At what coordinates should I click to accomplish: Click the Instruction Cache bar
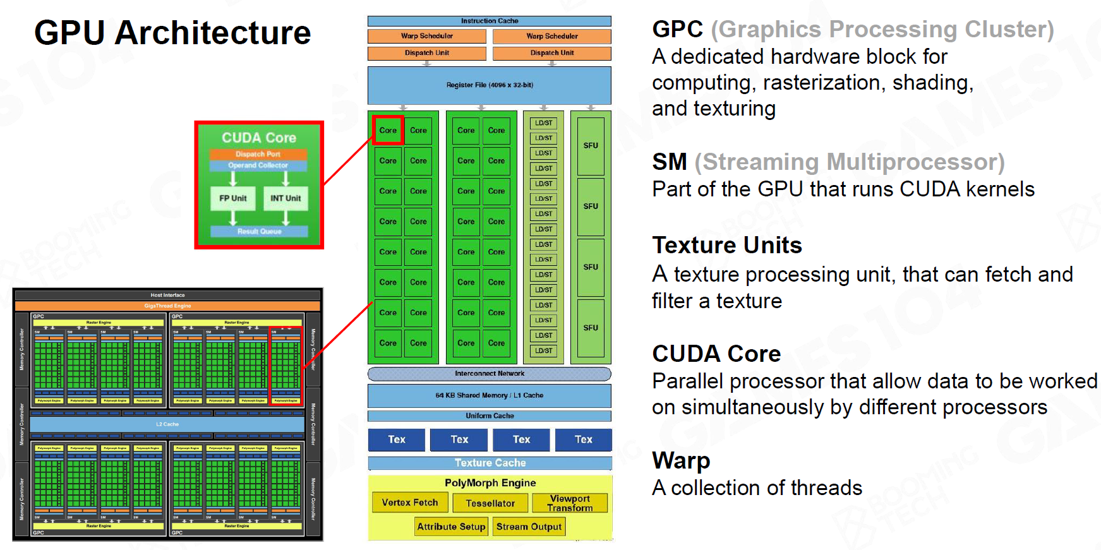pyautogui.click(x=490, y=21)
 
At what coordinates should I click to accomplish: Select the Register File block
pyautogui.click(x=490, y=85)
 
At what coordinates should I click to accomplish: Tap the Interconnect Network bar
pyautogui.click(x=490, y=374)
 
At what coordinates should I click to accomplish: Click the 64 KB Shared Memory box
pyautogui.click(x=490, y=395)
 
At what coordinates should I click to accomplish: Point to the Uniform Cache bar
pyautogui.click(x=490, y=415)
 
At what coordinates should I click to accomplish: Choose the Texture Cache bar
pyautogui.click(x=490, y=463)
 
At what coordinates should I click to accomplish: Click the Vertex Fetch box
pyautogui.click(x=410, y=503)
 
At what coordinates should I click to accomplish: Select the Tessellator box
pyautogui.click(x=490, y=503)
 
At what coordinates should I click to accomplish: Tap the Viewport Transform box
pyautogui.click(x=570, y=503)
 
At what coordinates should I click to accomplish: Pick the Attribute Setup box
pyautogui.click(x=451, y=527)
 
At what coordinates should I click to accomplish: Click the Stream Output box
pyautogui.click(x=529, y=527)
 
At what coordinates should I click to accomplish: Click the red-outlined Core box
pyautogui.click(x=388, y=130)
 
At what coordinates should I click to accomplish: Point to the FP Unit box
pyautogui.click(x=233, y=198)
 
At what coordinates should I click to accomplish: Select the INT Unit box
pyautogui.click(x=286, y=198)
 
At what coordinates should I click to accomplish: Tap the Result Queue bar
pyautogui.click(x=259, y=231)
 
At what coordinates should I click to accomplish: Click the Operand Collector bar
pyautogui.click(x=258, y=165)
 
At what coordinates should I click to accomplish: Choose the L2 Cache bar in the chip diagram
pyautogui.click(x=167, y=424)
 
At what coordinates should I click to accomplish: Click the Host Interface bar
pyautogui.click(x=167, y=295)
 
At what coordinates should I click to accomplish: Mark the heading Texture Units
pyautogui.click(x=727, y=245)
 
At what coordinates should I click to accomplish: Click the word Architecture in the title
pyautogui.click(x=213, y=33)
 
